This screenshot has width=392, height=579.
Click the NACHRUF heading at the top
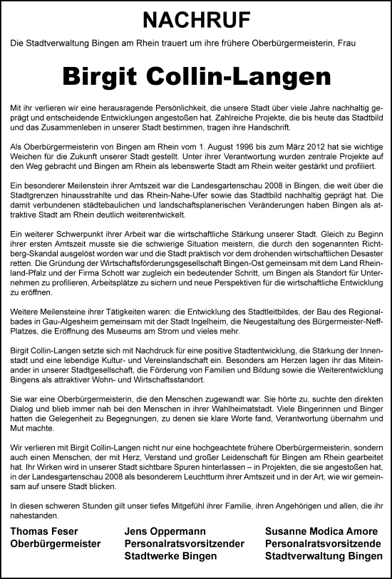coord(196,19)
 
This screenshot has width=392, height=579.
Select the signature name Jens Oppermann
coord(165,532)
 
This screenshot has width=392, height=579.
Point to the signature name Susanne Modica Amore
coord(323,532)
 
